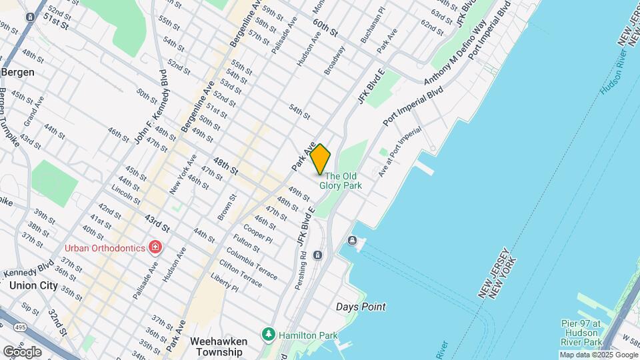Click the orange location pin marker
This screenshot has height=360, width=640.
point(320,159)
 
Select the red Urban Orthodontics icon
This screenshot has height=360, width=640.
point(155,248)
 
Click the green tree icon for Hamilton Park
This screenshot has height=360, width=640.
point(269,333)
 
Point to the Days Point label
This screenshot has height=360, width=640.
point(360,307)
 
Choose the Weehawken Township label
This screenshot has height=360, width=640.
point(219,347)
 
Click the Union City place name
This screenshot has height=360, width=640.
point(33,285)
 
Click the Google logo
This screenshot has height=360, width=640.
point(22,351)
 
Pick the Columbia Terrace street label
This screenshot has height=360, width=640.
point(252,264)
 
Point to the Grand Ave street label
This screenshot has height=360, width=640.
point(33,112)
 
